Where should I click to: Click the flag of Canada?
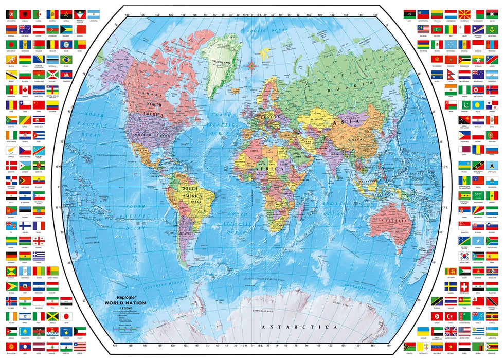click(25, 89)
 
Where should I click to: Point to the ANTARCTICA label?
click(299, 326)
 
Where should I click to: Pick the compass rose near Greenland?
click(252, 65)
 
